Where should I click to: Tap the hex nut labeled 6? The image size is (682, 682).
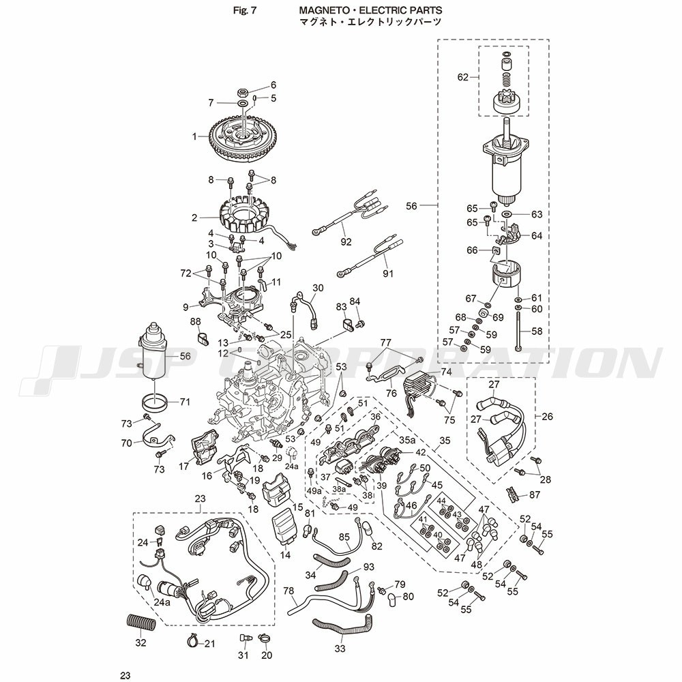click(x=243, y=93)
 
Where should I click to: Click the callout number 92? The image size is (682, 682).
click(x=346, y=242)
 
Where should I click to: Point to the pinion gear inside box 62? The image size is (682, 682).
click(x=505, y=103)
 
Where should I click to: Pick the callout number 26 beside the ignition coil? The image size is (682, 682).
click(x=547, y=416)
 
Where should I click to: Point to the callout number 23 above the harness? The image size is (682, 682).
click(x=200, y=499)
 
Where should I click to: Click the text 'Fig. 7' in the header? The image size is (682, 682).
click(x=245, y=10)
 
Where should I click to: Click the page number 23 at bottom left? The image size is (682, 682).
click(x=125, y=675)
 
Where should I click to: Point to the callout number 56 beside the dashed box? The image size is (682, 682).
click(x=411, y=206)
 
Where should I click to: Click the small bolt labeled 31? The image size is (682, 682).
click(x=244, y=638)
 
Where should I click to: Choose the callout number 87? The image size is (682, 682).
click(x=535, y=495)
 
